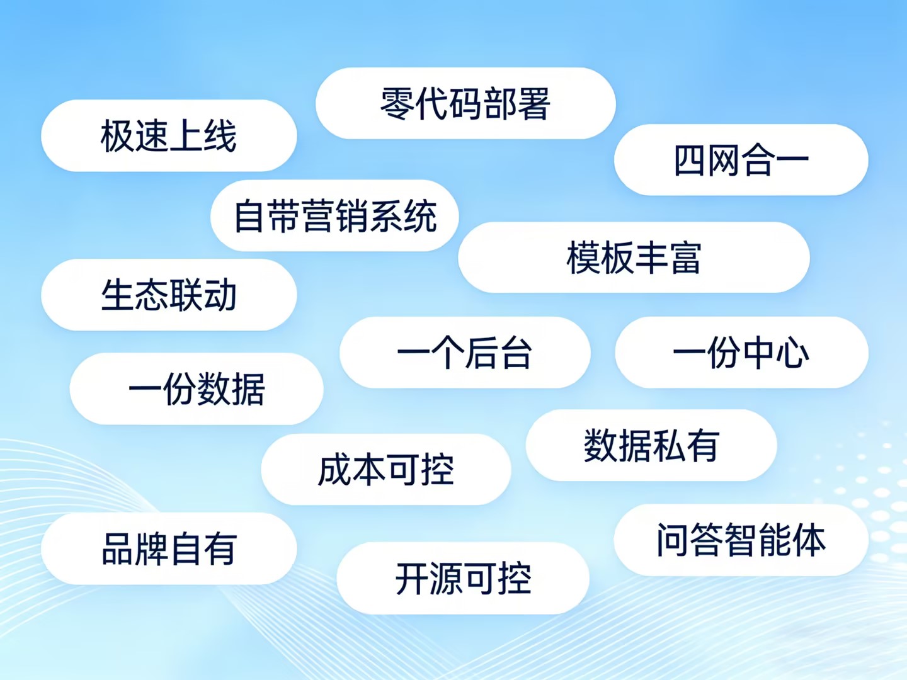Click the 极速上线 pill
(x=169, y=135)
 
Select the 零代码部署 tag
(x=465, y=103)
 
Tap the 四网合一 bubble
(x=741, y=160)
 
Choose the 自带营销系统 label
(x=334, y=215)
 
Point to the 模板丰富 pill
(x=634, y=258)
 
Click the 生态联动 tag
(x=169, y=295)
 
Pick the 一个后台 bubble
(x=465, y=352)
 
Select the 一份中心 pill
(x=742, y=352)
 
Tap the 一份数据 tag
(x=197, y=388)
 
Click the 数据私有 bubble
(x=651, y=445)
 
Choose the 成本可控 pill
(x=386, y=470)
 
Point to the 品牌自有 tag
(x=169, y=548)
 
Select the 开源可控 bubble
(x=463, y=578)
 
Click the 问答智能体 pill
(x=741, y=540)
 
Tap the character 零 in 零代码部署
(x=397, y=103)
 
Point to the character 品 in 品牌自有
(x=118, y=548)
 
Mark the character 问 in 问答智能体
(x=673, y=540)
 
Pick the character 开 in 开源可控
(x=412, y=579)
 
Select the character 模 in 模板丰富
(x=583, y=258)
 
